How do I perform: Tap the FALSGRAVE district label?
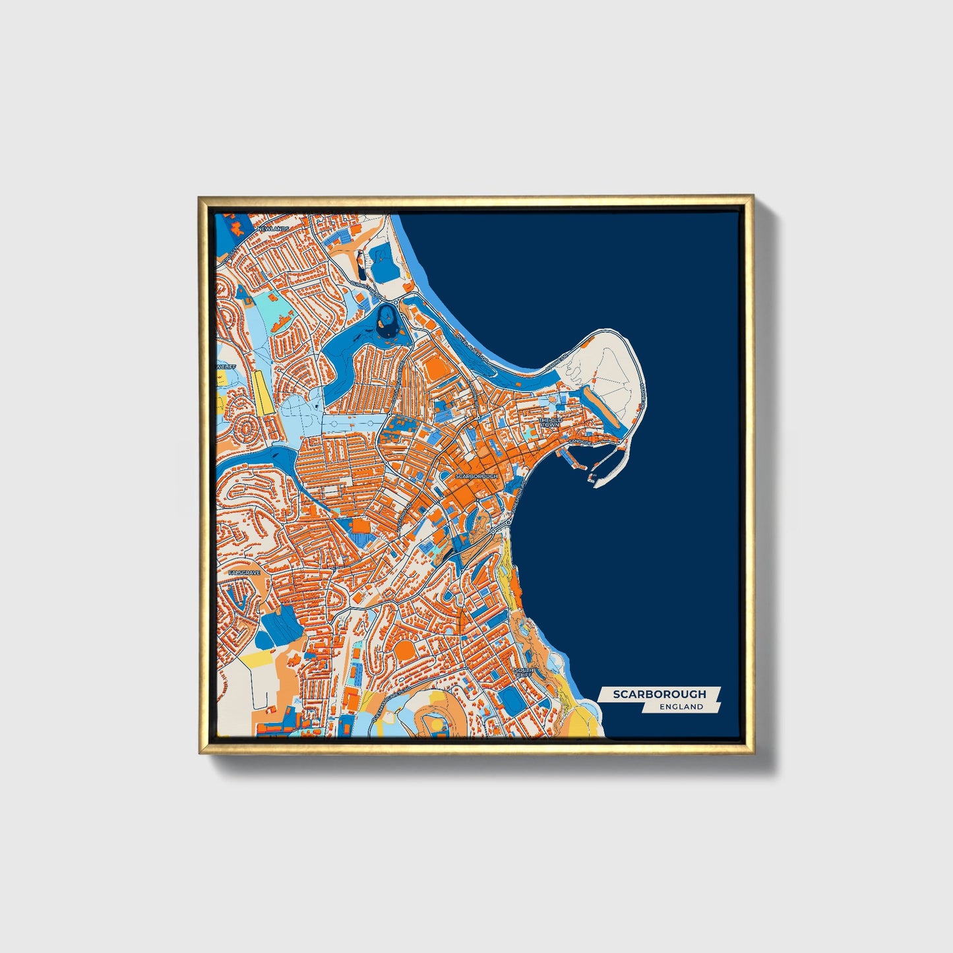[x=244, y=573]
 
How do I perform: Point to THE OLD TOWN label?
[x=550, y=422]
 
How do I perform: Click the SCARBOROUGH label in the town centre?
[x=476, y=476]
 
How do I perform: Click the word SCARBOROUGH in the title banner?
[x=659, y=694]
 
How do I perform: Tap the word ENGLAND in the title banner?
[x=681, y=706]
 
